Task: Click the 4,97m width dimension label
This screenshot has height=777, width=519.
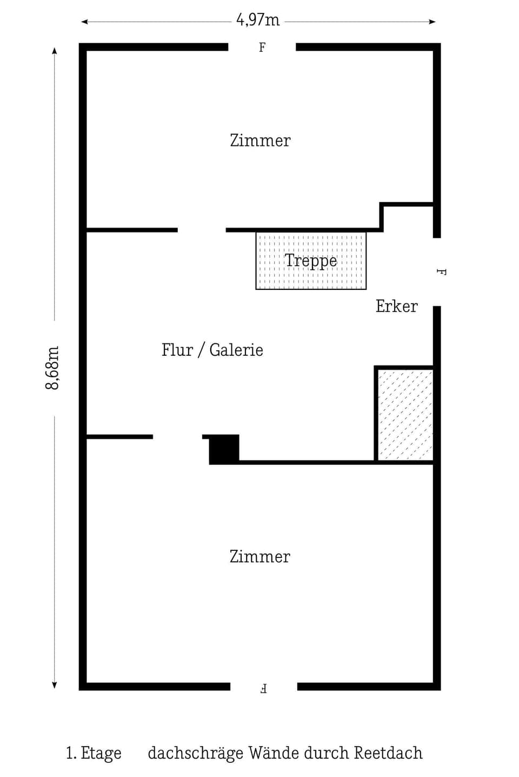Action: pos(258,21)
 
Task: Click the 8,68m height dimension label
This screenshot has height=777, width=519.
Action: pos(52,368)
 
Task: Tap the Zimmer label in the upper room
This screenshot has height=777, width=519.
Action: pos(260,141)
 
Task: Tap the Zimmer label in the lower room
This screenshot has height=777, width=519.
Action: pos(259,557)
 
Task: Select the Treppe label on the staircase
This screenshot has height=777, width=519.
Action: pos(311,261)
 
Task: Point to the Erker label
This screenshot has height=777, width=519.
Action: pos(396,307)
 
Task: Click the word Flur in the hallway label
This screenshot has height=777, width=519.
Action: pos(177,350)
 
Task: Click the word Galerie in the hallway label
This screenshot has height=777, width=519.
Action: pos(236,350)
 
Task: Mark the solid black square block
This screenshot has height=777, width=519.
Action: pos(224,449)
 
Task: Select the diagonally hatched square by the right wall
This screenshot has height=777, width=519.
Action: pos(405,414)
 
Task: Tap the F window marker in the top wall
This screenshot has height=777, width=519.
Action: pos(262,48)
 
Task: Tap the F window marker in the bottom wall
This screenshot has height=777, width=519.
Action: pos(263,688)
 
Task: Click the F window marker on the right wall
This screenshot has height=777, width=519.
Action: pos(441,272)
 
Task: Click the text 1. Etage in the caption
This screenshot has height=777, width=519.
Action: pos(94,753)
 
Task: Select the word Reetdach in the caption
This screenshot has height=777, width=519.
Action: pos(388,753)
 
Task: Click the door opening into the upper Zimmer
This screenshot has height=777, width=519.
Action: pos(202,230)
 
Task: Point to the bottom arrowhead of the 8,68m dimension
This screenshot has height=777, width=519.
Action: pos(54,685)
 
